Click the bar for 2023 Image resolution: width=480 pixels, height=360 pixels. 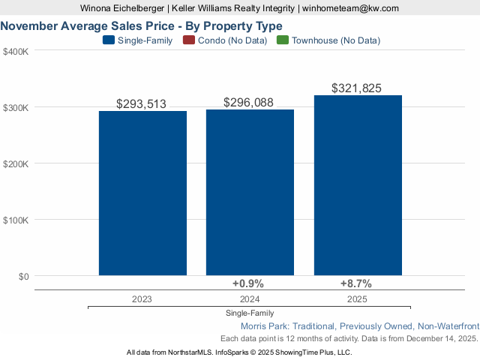142,193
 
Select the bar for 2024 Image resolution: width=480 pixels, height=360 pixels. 250,193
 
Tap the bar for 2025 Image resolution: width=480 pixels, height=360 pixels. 358,185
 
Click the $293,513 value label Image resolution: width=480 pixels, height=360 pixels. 142,104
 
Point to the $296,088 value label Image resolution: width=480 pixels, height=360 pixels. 249,103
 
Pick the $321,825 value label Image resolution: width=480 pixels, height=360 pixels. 357,88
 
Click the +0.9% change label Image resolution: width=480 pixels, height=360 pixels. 249,283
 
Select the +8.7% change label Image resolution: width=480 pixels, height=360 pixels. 356,283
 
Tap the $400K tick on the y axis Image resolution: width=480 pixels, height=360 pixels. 16,52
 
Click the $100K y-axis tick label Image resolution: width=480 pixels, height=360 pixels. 16,220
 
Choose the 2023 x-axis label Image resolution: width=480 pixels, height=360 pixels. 142,298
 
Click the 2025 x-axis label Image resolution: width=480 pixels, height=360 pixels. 357,298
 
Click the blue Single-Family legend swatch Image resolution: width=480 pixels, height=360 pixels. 108,40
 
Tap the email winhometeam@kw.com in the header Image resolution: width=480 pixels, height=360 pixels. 351,8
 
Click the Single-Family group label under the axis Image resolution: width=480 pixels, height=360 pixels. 250,313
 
